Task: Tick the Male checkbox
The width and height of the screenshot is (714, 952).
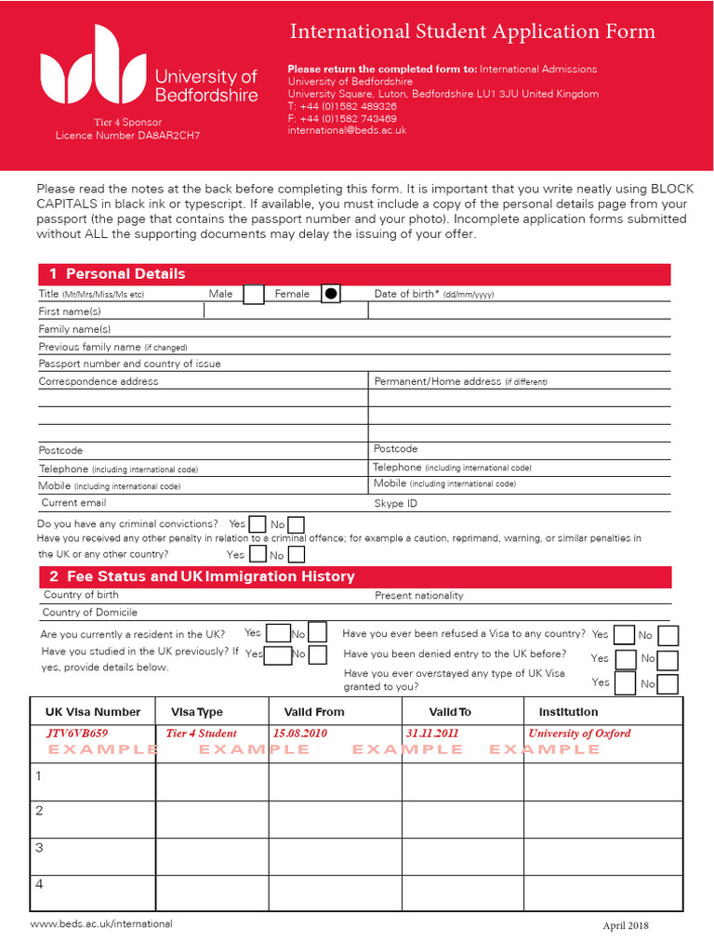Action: pos(253,295)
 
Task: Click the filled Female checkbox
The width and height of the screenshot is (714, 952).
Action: pos(330,295)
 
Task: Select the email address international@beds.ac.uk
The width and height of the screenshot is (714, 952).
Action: pos(347,131)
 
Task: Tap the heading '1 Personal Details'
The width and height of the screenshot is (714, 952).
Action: pos(117,274)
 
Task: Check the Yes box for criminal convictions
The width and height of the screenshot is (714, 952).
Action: pos(258,525)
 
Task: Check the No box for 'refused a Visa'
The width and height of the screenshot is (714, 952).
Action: pos(668,636)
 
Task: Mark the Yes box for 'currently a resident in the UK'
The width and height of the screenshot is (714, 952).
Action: pos(278,634)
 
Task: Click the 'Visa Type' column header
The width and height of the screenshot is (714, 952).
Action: pos(196,712)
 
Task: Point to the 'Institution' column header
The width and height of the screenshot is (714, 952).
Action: pos(568,712)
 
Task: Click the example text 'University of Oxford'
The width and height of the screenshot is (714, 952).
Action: pos(579,734)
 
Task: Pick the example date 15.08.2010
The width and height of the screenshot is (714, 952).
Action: pos(300,734)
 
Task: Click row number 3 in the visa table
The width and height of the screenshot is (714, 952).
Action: pos(39,848)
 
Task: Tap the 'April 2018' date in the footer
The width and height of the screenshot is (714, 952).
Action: pos(626,926)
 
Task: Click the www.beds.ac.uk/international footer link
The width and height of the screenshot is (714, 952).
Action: pos(101,924)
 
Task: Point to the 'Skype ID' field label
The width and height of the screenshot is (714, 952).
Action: pos(395,504)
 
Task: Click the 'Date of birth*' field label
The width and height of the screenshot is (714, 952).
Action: pos(406,294)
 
